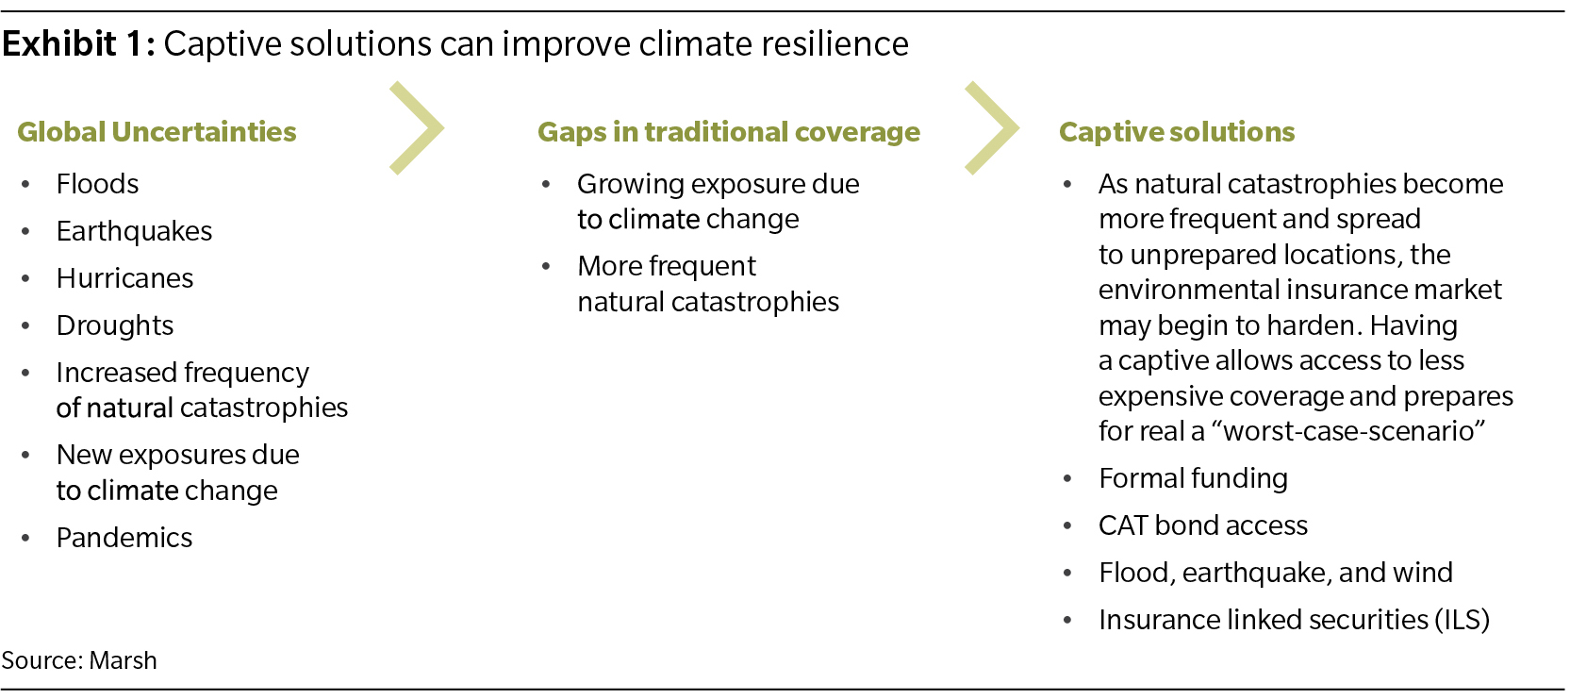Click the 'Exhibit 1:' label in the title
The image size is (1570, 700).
[78, 43]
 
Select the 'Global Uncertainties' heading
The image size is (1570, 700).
[157, 132]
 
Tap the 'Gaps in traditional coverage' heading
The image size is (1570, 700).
[729, 133]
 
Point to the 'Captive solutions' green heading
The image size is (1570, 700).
[1177, 132]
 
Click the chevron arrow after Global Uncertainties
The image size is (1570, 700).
[418, 128]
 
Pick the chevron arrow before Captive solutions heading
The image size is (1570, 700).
[993, 128]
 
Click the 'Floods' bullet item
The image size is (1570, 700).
[97, 185]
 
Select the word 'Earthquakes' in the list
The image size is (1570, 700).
[134, 232]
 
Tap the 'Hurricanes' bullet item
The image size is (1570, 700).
[124, 278]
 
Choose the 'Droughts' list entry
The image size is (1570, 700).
[115, 326]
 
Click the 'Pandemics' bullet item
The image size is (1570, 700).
[124, 538]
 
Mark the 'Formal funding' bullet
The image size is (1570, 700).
[1193, 478]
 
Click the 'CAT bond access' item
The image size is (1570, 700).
[1203, 525]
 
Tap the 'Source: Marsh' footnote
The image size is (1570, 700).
[79, 660]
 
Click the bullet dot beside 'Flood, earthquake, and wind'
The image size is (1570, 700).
[1067, 574]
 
